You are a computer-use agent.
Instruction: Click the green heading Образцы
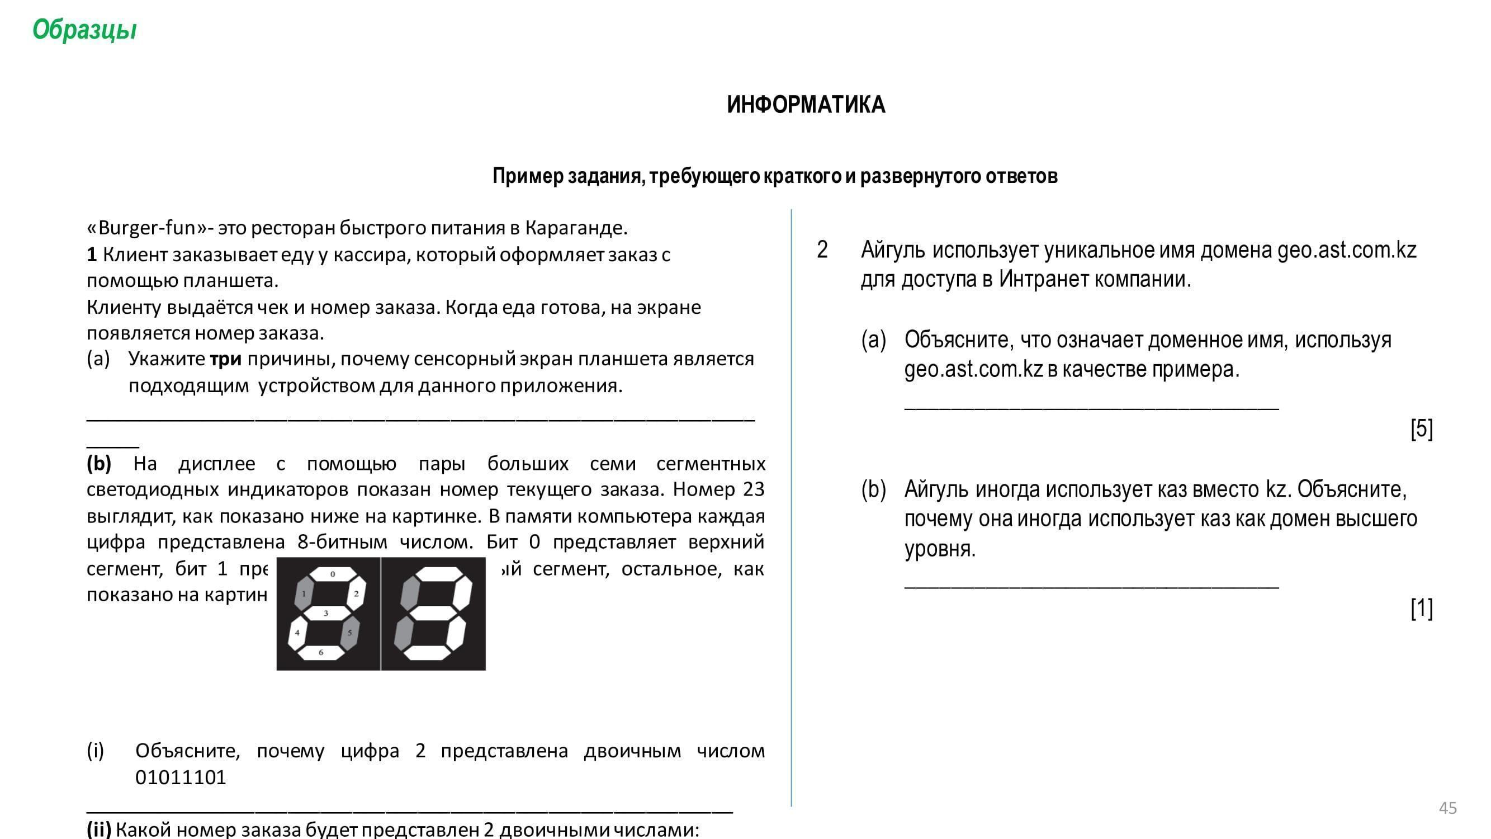[x=84, y=30]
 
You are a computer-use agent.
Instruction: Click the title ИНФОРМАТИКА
[x=806, y=105]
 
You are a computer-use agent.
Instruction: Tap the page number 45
[x=1447, y=808]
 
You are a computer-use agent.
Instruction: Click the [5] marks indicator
[x=1422, y=429]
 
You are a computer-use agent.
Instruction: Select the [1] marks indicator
[x=1422, y=609]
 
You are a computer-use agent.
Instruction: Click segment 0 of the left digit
[x=332, y=574]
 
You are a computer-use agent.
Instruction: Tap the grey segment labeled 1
[x=304, y=594]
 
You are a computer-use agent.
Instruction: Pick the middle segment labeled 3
[x=326, y=613]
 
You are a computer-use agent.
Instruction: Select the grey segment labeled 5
[x=349, y=632]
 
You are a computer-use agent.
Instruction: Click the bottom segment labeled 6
[x=321, y=653]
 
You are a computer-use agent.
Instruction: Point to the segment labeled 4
[x=297, y=633]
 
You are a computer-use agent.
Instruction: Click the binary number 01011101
[x=181, y=777]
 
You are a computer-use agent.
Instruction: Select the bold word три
[x=226, y=360]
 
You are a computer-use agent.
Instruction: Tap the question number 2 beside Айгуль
[x=822, y=250]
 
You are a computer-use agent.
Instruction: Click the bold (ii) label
[x=98, y=829]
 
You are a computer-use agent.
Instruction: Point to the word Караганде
[x=576, y=228]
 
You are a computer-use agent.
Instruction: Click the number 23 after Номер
[x=753, y=490]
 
